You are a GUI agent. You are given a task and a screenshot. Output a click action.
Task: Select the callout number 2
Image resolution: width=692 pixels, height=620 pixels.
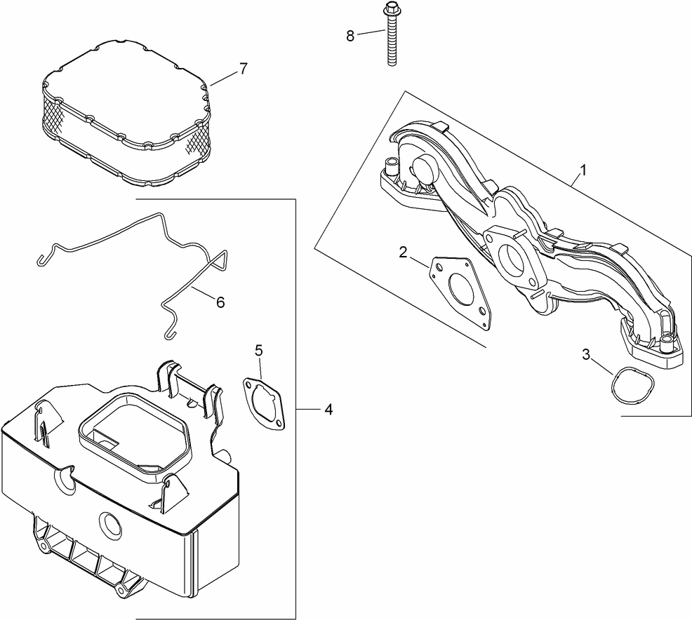pyautogui.click(x=403, y=252)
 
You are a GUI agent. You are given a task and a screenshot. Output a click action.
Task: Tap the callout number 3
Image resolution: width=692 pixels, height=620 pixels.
pyautogui.click(x=586, y=354)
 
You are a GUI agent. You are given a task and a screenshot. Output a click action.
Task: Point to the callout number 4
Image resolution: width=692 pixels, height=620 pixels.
pyautogui.click(x=328, y=409)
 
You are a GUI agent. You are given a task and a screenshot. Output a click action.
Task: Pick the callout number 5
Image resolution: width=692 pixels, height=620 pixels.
pyautogui.click(x=259, y=349)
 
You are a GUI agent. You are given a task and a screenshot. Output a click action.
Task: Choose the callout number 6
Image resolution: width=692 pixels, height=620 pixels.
pyautogui.click(x=220, y=302)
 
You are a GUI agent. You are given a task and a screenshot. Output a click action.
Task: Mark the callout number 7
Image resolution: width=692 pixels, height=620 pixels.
pyautogui.click(x=243, y=69)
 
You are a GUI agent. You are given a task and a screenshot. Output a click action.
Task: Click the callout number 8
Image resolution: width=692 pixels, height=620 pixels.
pyautogui.click(x=350, y=35)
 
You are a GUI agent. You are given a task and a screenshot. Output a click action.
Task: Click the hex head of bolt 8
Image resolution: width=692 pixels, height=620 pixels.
pyautogui.click(x=390, y=11)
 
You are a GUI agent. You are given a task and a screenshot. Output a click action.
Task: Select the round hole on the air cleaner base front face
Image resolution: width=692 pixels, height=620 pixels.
pyautogui.click(x=111, y=523)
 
